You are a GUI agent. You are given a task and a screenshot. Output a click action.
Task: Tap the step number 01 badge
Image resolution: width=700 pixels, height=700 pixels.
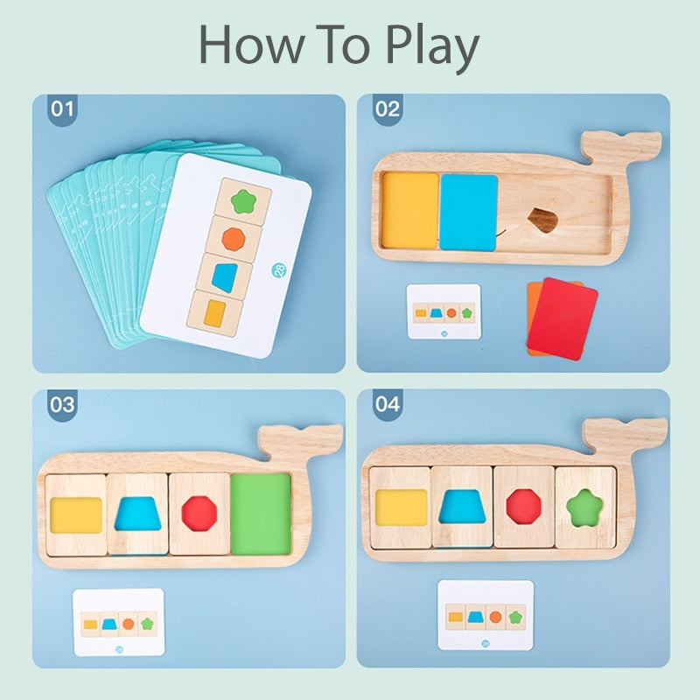point(63,110)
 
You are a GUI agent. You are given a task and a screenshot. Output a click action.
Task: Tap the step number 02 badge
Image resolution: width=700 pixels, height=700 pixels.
point(387,110)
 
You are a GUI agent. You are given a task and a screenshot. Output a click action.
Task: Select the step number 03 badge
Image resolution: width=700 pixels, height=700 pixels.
point(63,405)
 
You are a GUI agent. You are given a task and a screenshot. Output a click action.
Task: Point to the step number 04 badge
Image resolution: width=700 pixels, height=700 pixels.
point(387,405)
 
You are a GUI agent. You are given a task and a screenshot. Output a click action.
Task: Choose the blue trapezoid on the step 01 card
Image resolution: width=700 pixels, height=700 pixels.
point(225,276)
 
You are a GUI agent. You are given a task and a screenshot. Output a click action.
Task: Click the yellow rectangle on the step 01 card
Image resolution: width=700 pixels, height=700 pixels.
point(214,312)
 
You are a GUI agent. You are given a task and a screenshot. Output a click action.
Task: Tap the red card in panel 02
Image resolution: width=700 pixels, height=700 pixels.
point(563,318)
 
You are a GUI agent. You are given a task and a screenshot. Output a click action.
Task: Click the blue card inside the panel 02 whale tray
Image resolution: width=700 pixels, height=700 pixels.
point(468,212)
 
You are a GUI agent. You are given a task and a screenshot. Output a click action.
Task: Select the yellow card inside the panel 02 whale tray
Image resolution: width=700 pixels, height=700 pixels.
point(409,210)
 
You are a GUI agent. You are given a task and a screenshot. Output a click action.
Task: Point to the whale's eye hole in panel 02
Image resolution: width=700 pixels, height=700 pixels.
point(544,219)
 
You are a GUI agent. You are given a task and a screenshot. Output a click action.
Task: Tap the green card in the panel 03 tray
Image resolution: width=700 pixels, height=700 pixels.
point(260,514)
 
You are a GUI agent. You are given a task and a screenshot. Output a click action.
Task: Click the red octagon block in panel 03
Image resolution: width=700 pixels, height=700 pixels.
point(199,514)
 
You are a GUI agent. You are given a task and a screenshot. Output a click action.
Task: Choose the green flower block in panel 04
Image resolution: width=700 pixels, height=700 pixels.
point(584,507)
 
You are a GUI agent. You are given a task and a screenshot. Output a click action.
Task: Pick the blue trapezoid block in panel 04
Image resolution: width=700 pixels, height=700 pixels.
point(462,507)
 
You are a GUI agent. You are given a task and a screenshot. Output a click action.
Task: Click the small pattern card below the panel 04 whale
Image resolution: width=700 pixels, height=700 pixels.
point(485,614)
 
